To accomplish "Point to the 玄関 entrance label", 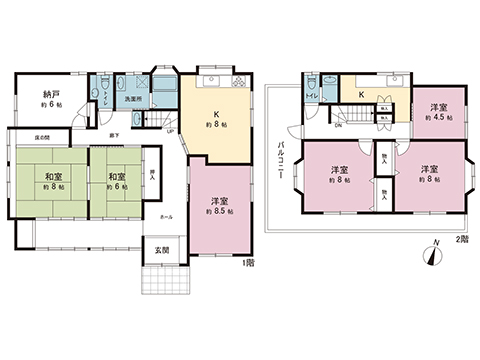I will click(x=161, y=250).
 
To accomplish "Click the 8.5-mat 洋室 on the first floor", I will click(x=217, y=206).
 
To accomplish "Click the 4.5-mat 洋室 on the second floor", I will click(x=438, y=112).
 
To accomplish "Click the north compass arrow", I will click(x=432, y=252).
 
